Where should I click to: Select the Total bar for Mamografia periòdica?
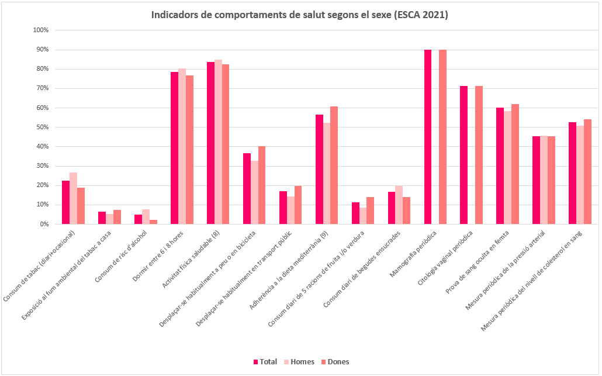click(428, 137)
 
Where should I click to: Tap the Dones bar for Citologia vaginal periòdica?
click(479, 155)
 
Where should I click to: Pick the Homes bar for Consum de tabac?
click(73, 198)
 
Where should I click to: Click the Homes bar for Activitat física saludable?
click(218, 142)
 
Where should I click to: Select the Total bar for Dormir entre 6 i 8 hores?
click(174, 148)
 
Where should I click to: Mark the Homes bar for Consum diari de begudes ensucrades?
click(399, 205)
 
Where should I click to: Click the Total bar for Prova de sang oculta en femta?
click(500, 166)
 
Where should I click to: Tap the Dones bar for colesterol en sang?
click(587, 172)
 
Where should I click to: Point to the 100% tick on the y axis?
click(40, 30)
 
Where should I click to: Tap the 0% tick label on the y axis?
click(44, 224)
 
